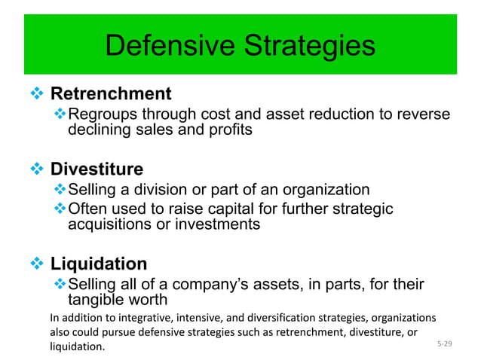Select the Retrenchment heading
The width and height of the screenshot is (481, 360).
[x=111, y=94]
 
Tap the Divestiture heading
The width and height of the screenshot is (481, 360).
[x=97, y=169]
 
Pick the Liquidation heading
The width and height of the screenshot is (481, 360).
[x=99, y=264]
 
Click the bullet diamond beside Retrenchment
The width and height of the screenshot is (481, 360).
[x=37, y=94]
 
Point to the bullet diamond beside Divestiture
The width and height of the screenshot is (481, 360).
[x=37, y=169]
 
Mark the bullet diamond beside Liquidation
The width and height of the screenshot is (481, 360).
[x=37, y=264]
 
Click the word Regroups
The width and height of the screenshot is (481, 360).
[x=99, y=114]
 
